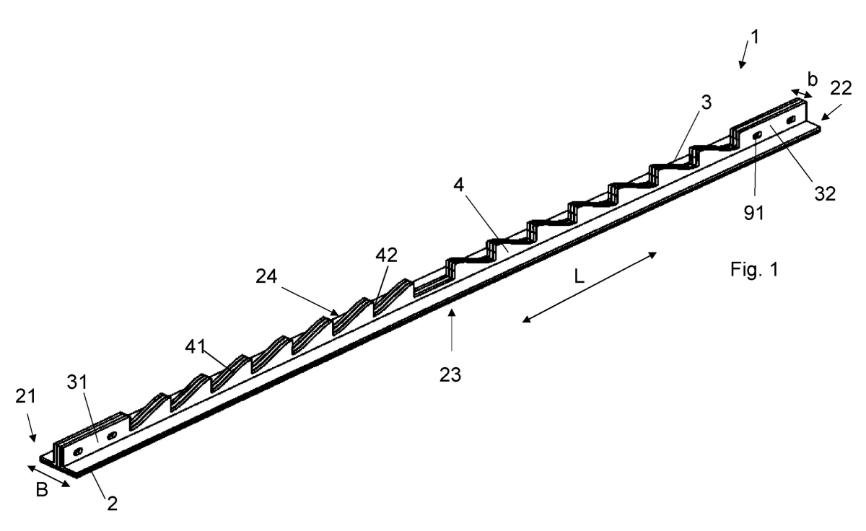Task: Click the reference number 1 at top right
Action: [x=755, y=38]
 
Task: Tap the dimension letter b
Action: [x=813, y=79]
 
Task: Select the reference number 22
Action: [x=841, y=89]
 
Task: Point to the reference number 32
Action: [x=825, y=193]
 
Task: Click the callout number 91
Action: [x=754, y=213]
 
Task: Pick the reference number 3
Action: [x=707, y=102]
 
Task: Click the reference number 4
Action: [x=458, y=185]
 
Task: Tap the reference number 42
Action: [x=387, y=255]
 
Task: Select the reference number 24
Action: [x=266, y=276]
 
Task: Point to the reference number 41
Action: [x=196, y=346]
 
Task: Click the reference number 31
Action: [x=77, y=382]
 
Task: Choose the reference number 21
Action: [x=25, y=397]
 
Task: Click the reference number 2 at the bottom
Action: [x=112, y=504]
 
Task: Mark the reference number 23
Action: [x=450, y=375]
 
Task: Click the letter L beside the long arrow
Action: [x=579, y=277]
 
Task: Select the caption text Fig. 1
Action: [x=754, y=269]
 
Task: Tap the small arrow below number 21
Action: [x=32, y=428]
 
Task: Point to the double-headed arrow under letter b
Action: [x=802, y=94]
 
